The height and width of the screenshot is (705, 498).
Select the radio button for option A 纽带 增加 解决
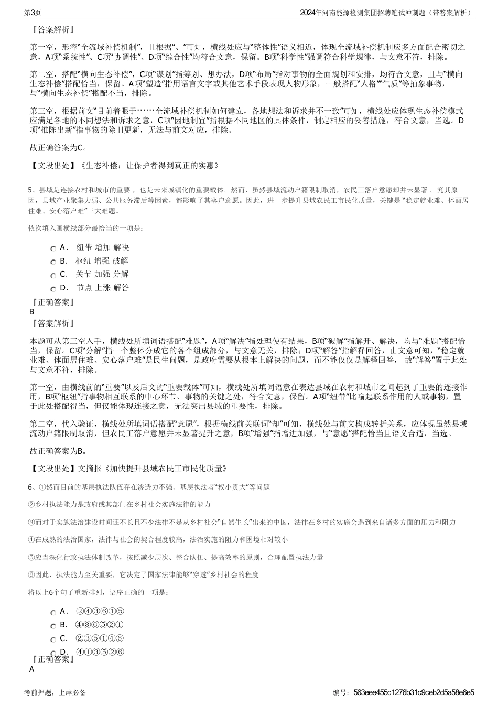coord(53,248)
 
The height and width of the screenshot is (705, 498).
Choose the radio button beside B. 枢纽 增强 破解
coord(53,262)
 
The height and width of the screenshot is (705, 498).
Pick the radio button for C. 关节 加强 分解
coord(53,275)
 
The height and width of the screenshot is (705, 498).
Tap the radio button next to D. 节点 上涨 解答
coord(53,288)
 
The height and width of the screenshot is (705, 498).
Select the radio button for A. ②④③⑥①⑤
coord(53,612)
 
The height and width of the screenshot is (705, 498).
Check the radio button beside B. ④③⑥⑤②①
coord(53,625)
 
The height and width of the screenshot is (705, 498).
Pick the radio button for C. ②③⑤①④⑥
coord(53,639)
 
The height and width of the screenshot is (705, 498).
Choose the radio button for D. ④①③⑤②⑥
coord(53,653)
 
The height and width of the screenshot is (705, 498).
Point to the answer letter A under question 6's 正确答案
coord(32,670)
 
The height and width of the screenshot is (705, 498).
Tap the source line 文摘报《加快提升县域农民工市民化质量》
coord(152,468)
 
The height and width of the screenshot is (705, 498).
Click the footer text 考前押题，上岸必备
coord(55,692)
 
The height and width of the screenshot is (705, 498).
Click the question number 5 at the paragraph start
coord(30,190)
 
